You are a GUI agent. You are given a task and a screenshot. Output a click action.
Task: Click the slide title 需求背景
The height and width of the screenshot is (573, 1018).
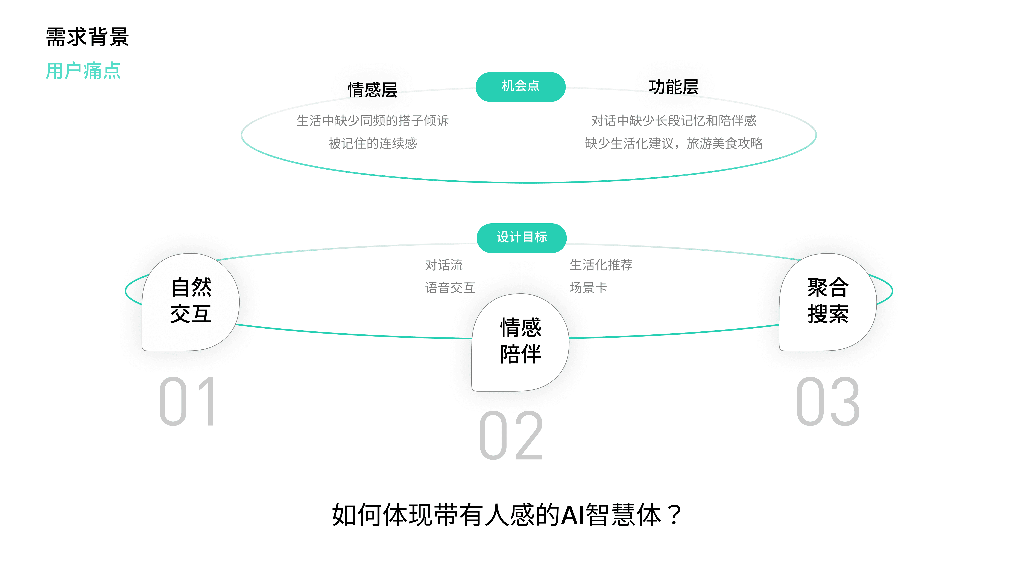87,37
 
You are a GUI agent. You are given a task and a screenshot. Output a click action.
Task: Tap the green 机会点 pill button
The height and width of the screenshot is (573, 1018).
520,87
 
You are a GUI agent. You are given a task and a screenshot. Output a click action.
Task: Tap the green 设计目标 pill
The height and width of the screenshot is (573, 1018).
522,238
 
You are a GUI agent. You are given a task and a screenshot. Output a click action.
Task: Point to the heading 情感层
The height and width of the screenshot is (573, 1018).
373,90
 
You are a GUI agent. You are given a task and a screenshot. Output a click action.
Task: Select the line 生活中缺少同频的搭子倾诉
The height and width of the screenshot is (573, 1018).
373,121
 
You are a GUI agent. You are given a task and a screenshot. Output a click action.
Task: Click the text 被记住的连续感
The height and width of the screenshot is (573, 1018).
373,143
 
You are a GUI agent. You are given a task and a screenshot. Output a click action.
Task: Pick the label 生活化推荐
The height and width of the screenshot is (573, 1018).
601,265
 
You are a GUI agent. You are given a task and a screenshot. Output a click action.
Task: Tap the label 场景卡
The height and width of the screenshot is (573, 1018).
588,288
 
